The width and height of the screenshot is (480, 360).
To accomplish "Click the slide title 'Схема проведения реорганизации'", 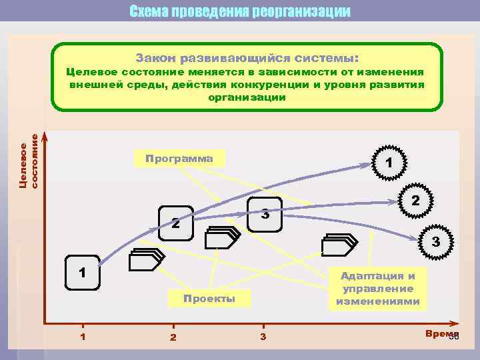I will point(239,11).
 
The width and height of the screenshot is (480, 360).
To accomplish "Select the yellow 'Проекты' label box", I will point(210,298).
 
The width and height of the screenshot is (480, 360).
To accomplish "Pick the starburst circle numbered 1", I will point(389,162).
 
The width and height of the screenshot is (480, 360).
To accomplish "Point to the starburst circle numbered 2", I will point(414,200).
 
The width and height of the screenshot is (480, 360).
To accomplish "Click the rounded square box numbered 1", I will point(81,272).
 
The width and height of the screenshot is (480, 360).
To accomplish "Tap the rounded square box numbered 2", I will point(175,223).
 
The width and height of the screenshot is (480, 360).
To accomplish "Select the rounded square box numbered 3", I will point(265,215).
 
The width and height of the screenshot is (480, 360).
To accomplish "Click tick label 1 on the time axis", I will point(83,336).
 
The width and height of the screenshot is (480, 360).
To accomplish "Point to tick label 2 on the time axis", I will point(173,337).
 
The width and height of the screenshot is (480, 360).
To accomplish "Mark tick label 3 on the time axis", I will point(263,336).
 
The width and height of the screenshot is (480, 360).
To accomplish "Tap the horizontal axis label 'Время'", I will point(440,333).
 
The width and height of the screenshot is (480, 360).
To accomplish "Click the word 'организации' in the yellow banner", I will point(247,97).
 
